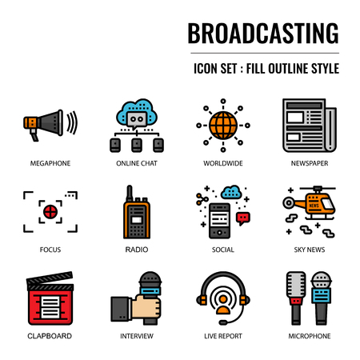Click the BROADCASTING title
pos(262,33)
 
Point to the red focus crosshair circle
pos(50,212)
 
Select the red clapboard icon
pos(50,299)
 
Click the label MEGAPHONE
pos(50,163)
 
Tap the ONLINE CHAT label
pos(136,163)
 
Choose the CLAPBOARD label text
pos(50,336)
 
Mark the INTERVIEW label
pos(136,336)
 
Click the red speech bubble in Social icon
pos(243,217)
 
